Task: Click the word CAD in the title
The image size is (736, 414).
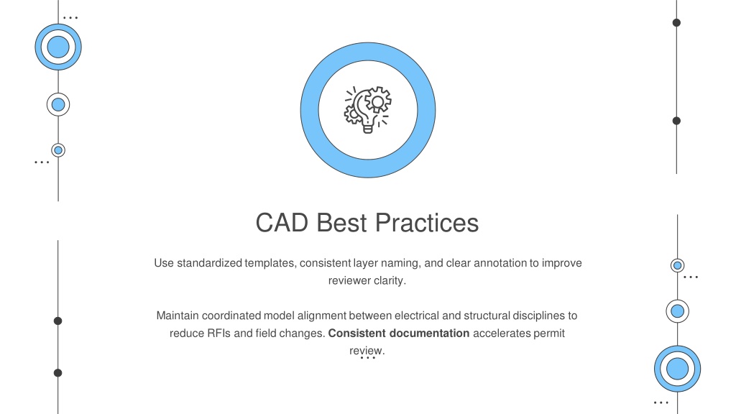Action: (282, 223)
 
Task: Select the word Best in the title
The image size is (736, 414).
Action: (341, 223)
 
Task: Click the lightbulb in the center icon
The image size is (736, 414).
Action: (366, 111)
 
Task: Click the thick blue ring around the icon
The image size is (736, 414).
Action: (309, 110)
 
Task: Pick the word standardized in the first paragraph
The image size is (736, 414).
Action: (209, 263)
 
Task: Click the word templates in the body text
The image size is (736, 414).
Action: (270, 263)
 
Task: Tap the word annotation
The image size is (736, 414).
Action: (500, 263)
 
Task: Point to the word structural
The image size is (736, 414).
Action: (487, 316)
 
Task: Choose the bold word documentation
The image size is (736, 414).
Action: (430, 333)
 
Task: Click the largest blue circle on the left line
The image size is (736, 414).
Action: (58, 47)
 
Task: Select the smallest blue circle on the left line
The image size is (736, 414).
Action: (58, 150)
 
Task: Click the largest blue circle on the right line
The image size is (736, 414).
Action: (677, 369)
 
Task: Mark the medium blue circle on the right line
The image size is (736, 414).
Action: (677, 311)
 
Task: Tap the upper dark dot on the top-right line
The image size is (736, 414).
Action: (676, 22)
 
